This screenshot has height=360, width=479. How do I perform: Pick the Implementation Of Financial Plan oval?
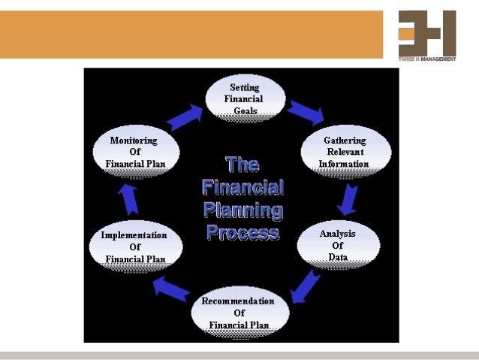tap(135, 247)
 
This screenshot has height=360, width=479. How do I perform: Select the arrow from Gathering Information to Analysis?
tap(347, 199)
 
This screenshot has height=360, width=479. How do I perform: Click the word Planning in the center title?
tap(243, 210)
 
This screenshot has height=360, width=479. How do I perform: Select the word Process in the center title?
tap(243, 232)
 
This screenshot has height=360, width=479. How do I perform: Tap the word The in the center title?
tap(242, 165)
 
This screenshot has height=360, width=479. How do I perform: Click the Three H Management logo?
tap(426, 35)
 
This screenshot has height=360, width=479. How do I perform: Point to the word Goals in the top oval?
tap(246, 111)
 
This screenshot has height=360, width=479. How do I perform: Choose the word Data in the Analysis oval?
tap(338, 257)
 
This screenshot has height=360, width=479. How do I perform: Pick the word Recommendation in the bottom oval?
tap(238, 301)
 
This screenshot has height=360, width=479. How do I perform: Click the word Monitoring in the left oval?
tap(134, 140)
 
